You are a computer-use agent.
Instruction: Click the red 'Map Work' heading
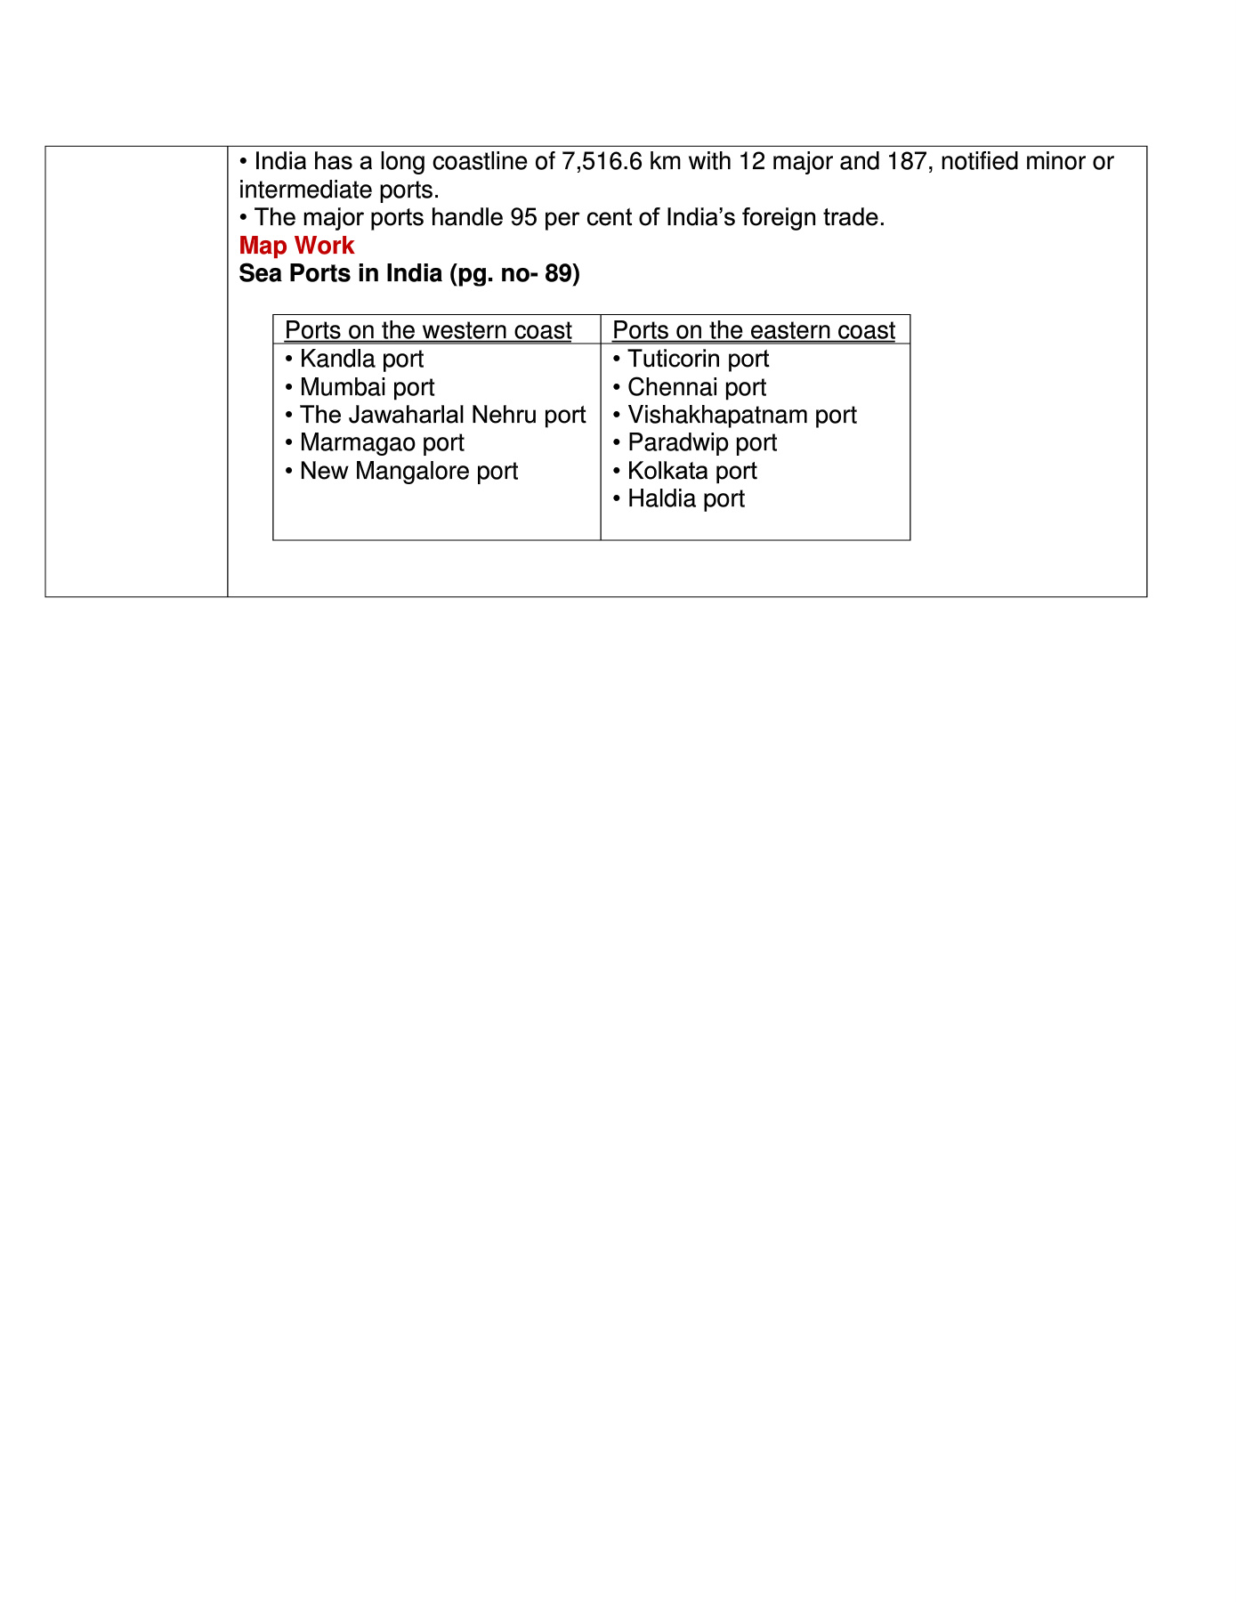click(x=296, y=246)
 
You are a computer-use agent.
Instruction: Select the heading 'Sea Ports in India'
click(x=340, y=273)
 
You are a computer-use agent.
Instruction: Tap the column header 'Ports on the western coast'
click(x=427, y=330)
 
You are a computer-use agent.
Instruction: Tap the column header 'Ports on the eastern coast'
click(x=754, y=330)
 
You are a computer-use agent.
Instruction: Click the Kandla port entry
click(x=361, y=359)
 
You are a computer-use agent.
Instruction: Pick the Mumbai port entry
click(x=367, y=387)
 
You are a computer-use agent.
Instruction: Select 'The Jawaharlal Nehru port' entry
click(x=442, y=415)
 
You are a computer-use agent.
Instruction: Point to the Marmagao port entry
click(x=382, y=442)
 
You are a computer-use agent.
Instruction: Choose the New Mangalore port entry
click(x=408, y=471)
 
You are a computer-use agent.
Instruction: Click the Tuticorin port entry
click(x=698, y=359)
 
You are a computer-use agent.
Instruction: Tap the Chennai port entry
click(x=696, y=387)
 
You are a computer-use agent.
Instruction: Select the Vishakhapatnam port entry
click(x=741, y=415)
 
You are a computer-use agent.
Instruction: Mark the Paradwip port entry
click(x=701, y=442)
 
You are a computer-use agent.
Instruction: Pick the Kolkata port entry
click(x=691, y=471)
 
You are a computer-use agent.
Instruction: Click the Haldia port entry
click(x=685, y=498)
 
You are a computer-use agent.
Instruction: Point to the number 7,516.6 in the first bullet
click(x=602, y=162)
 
